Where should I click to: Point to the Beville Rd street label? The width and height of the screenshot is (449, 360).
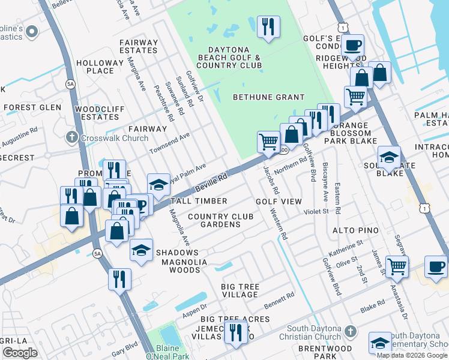[215, 179]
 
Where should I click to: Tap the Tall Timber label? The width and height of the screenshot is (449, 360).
[199, 201]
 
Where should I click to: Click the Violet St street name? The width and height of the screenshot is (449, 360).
[316, 211]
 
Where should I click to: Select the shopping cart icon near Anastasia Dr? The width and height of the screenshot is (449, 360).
[396, 266]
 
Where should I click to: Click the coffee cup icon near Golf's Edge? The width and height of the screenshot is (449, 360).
[354, 44]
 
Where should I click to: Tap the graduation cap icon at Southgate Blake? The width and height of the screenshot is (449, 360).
[388, 157]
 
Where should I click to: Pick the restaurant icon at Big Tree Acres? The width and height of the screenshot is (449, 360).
[235, 331]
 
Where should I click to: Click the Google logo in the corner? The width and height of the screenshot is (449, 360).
[20, 353]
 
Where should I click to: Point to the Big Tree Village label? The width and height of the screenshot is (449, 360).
[240, 291]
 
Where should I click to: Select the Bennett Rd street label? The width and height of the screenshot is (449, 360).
[279, 299]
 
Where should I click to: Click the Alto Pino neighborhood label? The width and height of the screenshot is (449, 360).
[355, 230]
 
